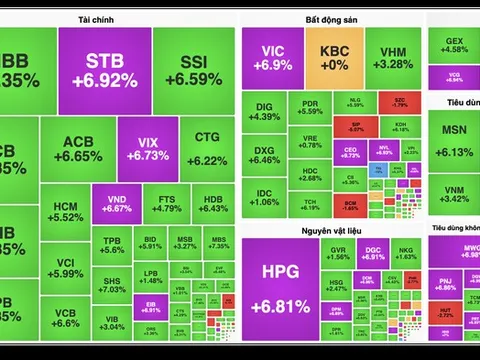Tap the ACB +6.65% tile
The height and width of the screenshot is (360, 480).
pos(77,148)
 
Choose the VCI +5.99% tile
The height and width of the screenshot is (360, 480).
pos(66,268)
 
